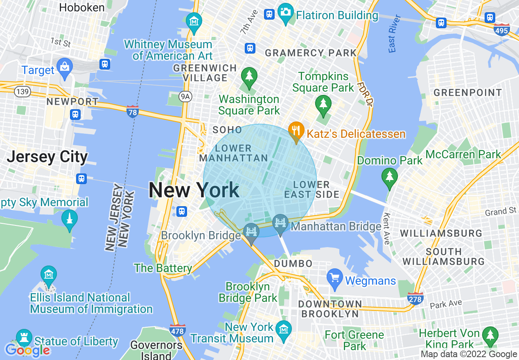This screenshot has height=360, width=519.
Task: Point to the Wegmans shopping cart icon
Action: (x=335, y=278)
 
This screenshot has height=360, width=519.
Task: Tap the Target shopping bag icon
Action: (x=65, y=67)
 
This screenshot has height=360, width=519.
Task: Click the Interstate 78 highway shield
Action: (x=132, y=112)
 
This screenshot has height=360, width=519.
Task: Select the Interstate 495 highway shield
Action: (x=503, y=29)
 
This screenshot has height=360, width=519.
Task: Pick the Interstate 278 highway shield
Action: (x=415, y=298)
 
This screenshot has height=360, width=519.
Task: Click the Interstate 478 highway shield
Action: (x=177, y=330)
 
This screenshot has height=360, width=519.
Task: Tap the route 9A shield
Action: (x=186, y=96)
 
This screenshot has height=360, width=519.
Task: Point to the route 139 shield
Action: (x=22, y=91)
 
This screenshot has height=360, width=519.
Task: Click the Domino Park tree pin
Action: (x=389, y=178)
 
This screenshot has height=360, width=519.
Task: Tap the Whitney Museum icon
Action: (x=194, y=21)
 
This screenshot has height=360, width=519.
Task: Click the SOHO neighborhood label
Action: (x=228, y=130)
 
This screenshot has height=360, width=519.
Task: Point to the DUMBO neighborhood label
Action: (x=293, y=263)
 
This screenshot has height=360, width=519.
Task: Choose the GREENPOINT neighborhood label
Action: (x=467, y=92)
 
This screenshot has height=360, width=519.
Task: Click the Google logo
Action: (x=27, y=350)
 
